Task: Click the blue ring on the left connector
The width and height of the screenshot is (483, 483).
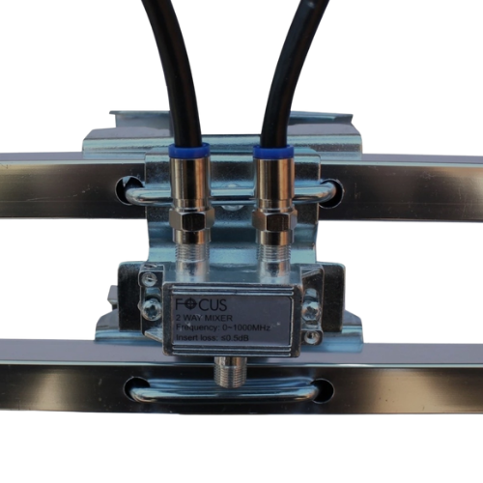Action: click(187, 151)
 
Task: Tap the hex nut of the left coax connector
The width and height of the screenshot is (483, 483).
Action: click(193, 221)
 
